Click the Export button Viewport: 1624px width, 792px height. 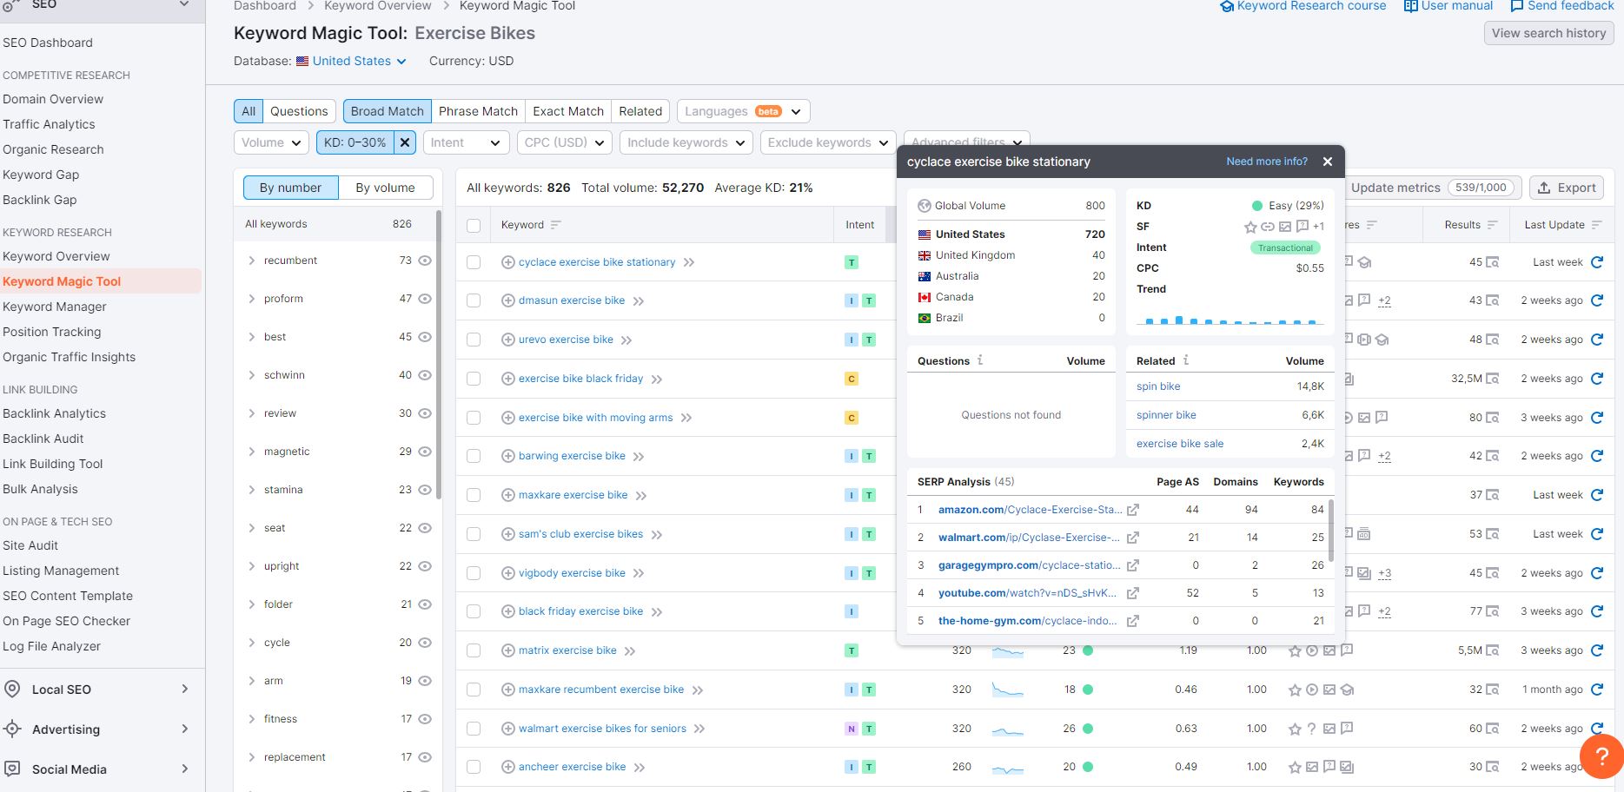(1566, 188)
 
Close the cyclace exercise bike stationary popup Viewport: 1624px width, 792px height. (1327, 162)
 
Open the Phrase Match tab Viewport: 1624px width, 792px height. (478, 111)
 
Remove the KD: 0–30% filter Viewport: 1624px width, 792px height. (405, 142)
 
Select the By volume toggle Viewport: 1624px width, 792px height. (385, 188)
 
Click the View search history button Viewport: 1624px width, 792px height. (1548, 33)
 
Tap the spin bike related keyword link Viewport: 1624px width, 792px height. (1158, 386)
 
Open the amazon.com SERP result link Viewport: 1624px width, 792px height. (1030, 510)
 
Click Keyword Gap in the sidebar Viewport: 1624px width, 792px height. (41, 175)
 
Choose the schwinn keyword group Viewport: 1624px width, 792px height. (284, 375)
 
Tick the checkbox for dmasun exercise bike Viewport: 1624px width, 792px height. (474, 300)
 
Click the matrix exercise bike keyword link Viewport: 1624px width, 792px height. (567, 650)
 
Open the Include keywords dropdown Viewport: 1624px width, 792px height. (686, 142)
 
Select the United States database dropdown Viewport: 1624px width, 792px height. (351, 61)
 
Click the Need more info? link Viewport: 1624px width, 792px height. (1267, 162)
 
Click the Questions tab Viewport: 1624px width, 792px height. (299, 111)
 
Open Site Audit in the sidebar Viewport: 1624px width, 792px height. (30, 545)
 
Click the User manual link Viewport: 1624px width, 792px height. (1448, 6)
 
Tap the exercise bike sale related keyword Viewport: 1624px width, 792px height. (1180, 444)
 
